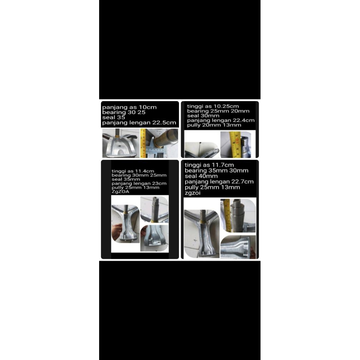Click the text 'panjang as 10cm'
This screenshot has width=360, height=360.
pos(129,107)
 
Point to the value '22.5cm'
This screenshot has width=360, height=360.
pos(167,123)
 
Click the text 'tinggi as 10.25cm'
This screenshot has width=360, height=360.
pos(213,106)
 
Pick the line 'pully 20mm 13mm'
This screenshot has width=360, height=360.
pos(214,125)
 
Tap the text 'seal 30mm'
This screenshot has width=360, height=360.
pos(203,116)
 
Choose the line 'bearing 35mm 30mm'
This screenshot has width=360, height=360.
pos(217,171)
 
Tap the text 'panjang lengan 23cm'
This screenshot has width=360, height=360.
pos(139,184)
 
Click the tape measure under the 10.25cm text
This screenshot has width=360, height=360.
pos(234,144)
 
